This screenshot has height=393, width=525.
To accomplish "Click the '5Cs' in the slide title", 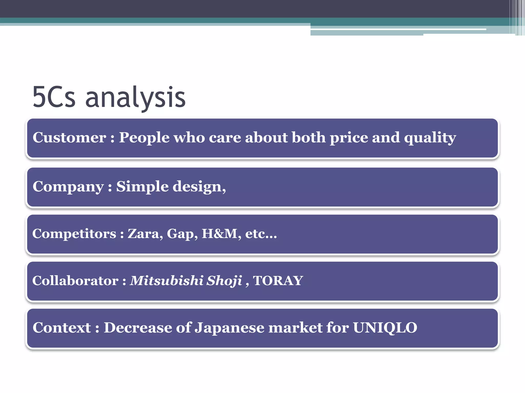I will [x=54, y=97].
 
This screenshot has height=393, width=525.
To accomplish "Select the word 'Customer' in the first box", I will [x=69, y=138].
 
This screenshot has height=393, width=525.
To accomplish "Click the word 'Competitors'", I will [x=74, y=234].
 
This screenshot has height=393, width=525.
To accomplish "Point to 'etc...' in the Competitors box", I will [x=261, y=234].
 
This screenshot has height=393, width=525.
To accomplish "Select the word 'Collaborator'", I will [x=75, y=281].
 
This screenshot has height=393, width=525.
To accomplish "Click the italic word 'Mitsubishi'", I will [x=167, y=281].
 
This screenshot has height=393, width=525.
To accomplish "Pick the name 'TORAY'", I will [x=278, y=281].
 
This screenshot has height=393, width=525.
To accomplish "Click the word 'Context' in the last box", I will [x=62, y=328].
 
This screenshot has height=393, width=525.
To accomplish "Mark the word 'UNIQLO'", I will [x=385, y=328].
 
